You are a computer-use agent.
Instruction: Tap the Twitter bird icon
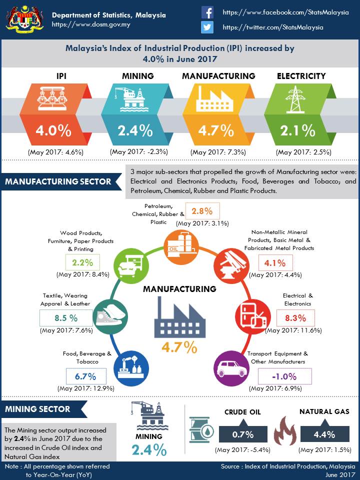pyautogui.click(x=207, y=27)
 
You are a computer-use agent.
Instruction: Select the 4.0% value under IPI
pyautogui.click(x=53, y=130)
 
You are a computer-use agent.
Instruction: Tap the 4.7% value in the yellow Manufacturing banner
pyautogui.click(x=216, y=130)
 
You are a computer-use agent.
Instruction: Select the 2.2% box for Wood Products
pyautogui.click(x=83, y=262)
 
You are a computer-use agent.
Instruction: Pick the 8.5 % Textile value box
pyautogui.click(x=66, y=317)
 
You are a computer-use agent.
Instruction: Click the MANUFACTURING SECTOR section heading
pyautogui.click(x=58, y=181)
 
